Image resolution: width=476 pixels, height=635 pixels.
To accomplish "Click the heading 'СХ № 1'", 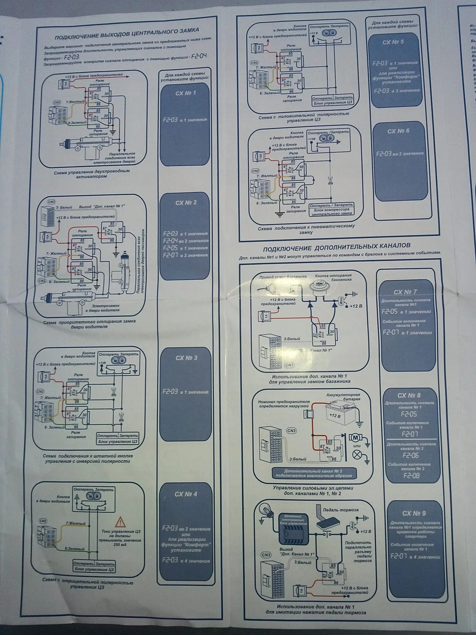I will coord(185,93).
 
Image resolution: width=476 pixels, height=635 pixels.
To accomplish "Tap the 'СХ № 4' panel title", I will coord(186,494).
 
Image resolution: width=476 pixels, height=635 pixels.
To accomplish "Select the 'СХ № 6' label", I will coord(398,131).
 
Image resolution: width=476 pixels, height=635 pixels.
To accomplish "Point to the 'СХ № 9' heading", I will coord(413,513).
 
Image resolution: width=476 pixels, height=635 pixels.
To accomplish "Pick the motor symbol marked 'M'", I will coord(355,438).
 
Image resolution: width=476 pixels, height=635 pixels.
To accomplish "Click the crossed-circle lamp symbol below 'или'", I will coord(357,455).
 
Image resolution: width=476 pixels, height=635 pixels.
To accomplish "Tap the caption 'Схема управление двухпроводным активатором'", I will coord(91,174).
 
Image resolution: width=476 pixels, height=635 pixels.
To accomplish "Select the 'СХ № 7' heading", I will coord(405,292).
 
